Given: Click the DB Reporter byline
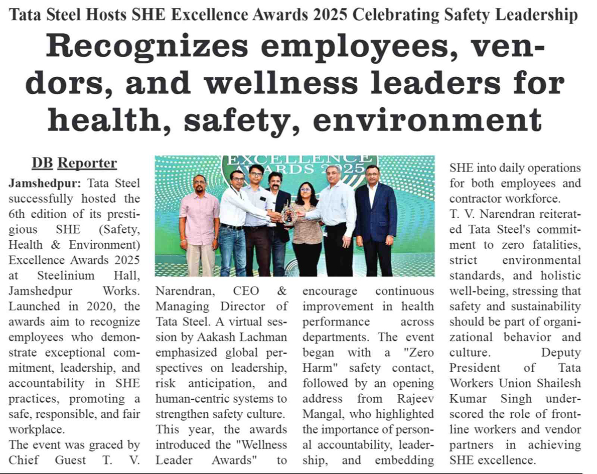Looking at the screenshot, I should click(x=74, y=163).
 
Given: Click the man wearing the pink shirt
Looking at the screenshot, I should click(x=199, y=226).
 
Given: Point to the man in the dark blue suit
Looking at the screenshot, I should click(x=376, y=221).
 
